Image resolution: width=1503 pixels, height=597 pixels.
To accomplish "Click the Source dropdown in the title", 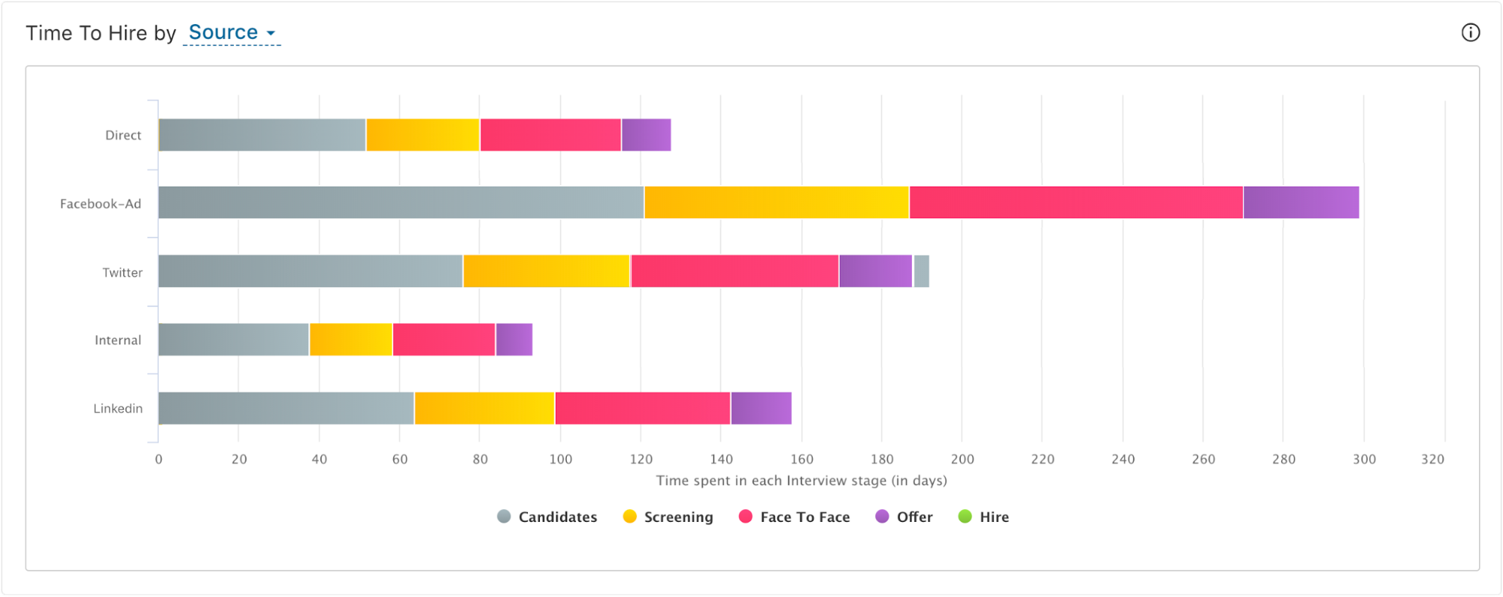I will click(x=231, y=32).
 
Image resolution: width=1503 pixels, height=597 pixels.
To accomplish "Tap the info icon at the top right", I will click(x=1470, y=32).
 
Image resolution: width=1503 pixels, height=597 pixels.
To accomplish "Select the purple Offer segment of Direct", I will click(x=646, y=135).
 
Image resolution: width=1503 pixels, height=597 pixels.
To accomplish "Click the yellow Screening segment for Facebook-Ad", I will click(x=776, y=203).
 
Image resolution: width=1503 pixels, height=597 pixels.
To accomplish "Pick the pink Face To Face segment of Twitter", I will click(x=734, y=271).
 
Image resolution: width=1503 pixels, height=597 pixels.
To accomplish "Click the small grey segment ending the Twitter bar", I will click(x=921, y=271).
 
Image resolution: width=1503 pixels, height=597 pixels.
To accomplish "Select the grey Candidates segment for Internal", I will click(x=233, y=340).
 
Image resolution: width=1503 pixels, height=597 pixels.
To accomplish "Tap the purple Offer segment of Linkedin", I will click(x=760, y=408).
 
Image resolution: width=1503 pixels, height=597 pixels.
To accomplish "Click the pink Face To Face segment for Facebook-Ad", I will click(x=1075, y=203).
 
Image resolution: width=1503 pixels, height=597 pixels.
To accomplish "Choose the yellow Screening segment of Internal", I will click(x=350, y=340).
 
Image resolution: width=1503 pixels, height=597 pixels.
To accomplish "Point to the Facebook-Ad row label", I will click(x=100, y=204).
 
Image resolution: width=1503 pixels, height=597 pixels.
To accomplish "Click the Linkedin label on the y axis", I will click(x=117, y=408).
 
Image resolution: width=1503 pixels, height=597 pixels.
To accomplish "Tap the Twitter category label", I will click(x=122, y=272).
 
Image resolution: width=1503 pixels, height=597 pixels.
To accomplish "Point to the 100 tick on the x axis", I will click(x=560, y=459).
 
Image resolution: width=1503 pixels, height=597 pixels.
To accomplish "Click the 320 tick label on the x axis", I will click(x=1432, y=459).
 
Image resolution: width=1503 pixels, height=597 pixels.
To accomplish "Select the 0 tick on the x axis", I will click(x=159, y=459).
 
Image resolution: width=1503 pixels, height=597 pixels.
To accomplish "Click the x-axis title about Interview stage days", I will click(x=801, y=480).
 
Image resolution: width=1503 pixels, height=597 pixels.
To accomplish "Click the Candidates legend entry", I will click(x=547, y=517).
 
